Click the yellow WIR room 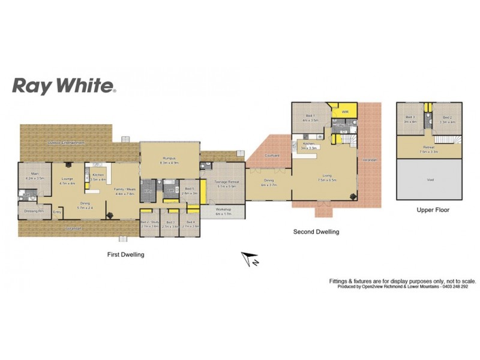tap(345, 112)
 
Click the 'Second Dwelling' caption tap(316, 231)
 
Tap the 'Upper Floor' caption tap(433, 210)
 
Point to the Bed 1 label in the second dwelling tap(309, 116)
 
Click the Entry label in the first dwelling tap(58, 211)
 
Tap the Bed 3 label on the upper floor tap(410, 118)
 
